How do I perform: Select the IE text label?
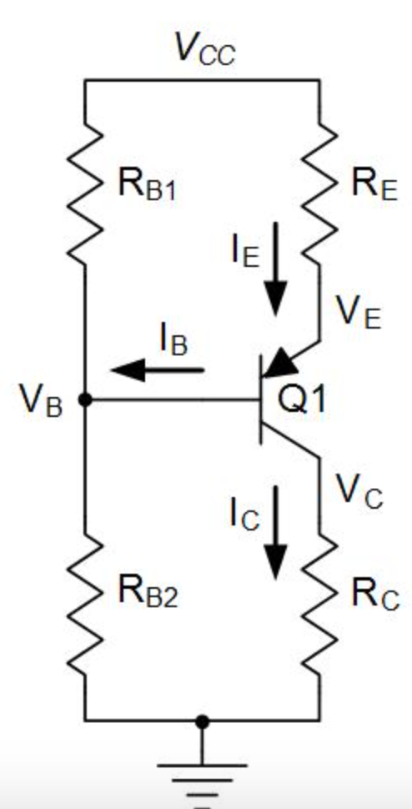248,250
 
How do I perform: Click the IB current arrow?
158,368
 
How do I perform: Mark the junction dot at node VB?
85,399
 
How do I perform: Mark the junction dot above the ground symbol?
201,720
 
